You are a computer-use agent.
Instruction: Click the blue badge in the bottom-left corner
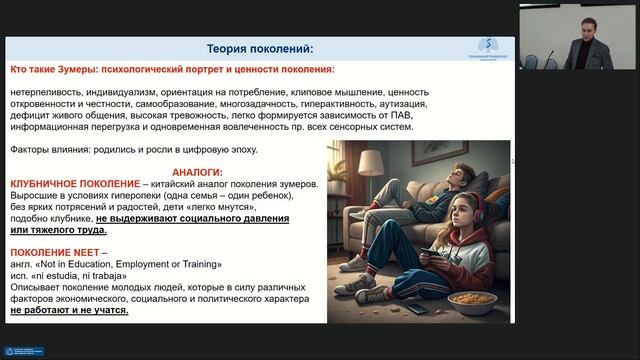(x=24, y=352)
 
